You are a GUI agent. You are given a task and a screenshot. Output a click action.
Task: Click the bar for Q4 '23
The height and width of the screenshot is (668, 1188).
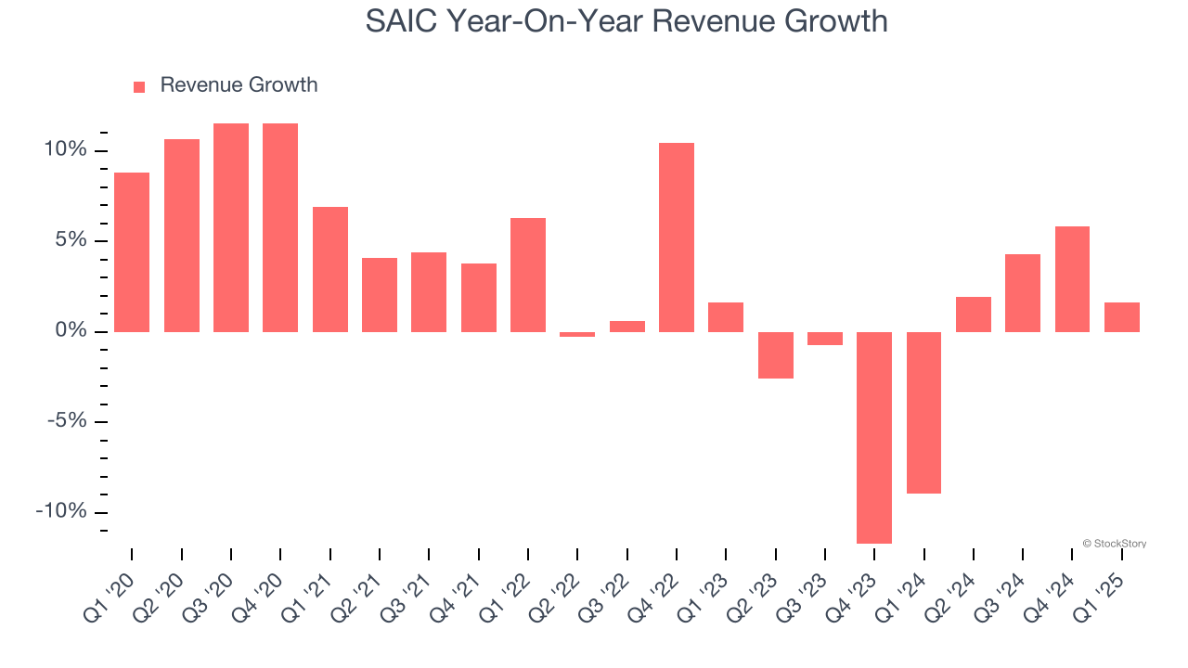coord(874,437)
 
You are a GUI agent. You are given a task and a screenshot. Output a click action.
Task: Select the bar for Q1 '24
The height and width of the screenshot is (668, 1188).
coord(923,412)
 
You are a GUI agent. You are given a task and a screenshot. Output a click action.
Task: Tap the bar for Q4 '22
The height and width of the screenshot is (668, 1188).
coord(677,238)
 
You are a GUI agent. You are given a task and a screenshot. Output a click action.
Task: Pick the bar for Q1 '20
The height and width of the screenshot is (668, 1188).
coord(132,252)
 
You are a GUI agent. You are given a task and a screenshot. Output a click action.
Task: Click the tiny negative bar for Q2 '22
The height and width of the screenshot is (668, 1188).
coord(577,334)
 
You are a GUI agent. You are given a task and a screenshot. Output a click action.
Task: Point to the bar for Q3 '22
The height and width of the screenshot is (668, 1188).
coord(627,327)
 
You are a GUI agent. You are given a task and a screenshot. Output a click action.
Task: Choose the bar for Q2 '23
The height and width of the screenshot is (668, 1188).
coord(776,354)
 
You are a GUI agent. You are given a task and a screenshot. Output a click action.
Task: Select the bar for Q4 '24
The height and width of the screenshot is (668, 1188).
coord(1072,279)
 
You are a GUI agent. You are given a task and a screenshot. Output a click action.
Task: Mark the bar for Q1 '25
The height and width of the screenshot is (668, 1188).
coord(1122,317)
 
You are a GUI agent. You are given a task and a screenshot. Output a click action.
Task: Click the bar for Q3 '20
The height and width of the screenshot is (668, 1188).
coord(231,227)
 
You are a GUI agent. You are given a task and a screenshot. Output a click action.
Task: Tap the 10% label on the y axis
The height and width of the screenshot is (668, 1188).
coord(65,150)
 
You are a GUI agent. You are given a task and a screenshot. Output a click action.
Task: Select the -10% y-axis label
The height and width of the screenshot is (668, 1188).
coord(61,512)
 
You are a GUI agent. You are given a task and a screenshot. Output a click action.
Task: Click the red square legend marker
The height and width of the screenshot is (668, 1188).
coord(139,86)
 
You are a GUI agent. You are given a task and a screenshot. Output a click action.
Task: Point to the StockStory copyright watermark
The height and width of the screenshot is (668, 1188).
coord(1114,544)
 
